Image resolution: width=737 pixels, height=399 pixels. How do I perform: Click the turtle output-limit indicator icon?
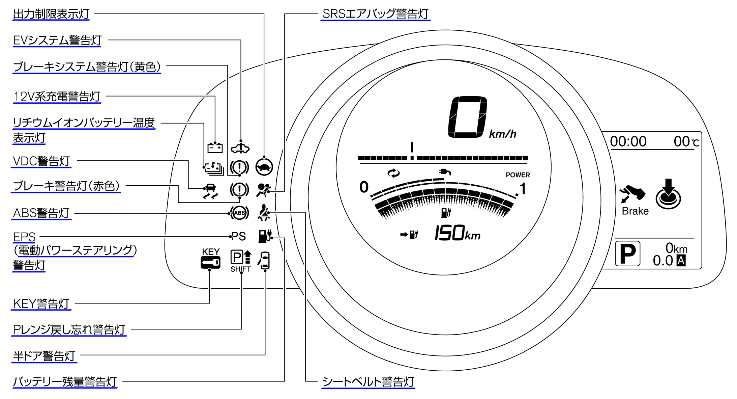(x=264, y=167)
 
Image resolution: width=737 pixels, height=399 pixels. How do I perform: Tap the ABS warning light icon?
(x=239, y=213)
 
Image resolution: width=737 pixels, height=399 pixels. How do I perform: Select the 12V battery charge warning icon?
(x=215, y=148)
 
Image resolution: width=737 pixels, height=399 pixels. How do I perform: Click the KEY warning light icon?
(x=211, y=262)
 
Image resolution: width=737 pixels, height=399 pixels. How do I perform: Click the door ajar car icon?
(x=265, y=260)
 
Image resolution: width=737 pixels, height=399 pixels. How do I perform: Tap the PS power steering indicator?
(x=239, y=236)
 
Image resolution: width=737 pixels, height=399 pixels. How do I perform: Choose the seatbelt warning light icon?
(x=264, y=213)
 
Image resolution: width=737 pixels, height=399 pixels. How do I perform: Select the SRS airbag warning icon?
(x=263, y=190)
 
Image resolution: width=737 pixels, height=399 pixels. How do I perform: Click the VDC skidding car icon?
(x=211, y=191)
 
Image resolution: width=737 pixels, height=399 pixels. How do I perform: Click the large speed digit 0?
(x=467, y=117)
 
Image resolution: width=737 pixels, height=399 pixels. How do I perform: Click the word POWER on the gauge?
(x=518, y=175)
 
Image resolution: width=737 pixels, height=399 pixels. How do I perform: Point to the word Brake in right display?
(x=635, y=211)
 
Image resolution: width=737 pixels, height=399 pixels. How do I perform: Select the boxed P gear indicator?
(x=627, y=254)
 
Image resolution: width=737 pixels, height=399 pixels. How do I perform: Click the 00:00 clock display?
(x=628, y=141)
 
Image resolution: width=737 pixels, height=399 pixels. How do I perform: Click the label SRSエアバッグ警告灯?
(x=375, y=14)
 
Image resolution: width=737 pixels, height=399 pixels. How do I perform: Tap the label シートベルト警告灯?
(x=368, y=382)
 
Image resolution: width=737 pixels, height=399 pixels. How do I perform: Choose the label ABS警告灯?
(x=41, y=213)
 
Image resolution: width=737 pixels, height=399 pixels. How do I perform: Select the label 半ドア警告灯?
(x=44, y=356)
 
